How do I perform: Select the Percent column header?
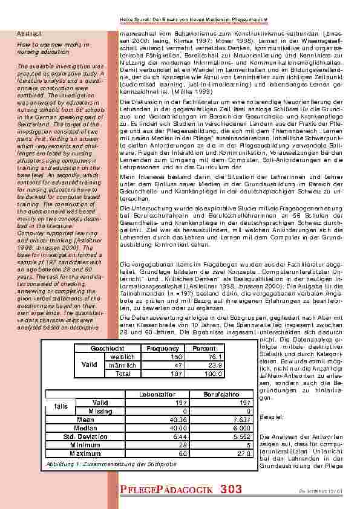204,349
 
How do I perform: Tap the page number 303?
232,488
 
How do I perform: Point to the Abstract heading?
29,33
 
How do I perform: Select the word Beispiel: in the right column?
270,417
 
